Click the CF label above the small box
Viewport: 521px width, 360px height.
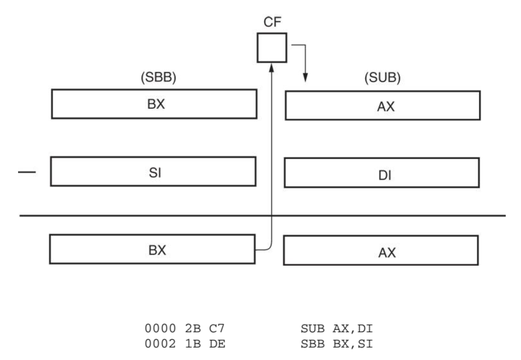(272, 22)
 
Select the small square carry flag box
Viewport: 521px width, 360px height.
(272, 48)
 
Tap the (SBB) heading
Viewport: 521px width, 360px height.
(158, 77)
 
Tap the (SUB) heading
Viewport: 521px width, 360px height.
(382, 77)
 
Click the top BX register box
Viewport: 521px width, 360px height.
(154, 104)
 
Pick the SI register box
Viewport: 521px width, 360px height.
(153, 172)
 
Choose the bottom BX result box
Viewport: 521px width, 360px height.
(152, 249)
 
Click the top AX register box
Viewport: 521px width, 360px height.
(383, 106)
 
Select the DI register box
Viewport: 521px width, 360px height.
(382, 173)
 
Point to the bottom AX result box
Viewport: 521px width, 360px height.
(381, 250)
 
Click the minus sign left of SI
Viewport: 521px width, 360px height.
(27, 172)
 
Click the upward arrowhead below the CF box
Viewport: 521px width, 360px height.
(271, 67)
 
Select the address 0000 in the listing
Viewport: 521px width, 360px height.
(160, 328)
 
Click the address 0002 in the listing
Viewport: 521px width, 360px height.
(160, 344)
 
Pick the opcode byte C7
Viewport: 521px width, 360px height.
(217, 328)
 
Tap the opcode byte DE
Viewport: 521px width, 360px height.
(217, 344)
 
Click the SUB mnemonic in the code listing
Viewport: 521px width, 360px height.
(312, 329)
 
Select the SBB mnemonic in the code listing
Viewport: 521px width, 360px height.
(312, 344)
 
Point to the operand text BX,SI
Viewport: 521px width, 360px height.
(353, 344)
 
